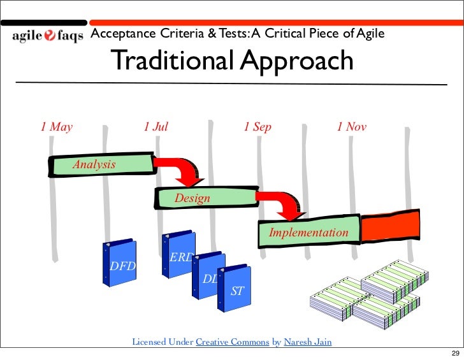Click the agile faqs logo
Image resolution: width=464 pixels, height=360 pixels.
47,36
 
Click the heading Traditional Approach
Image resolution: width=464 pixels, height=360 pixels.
232,61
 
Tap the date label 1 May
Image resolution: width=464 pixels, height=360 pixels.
57,127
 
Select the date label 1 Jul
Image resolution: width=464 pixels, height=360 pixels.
156,127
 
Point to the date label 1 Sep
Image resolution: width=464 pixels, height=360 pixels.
257,127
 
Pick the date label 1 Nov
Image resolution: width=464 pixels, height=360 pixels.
352,127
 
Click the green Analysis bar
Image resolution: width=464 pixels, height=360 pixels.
101,165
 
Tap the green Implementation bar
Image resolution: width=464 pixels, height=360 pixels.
308,232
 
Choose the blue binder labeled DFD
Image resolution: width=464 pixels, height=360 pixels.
121,264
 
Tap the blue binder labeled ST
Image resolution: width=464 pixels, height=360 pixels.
234,289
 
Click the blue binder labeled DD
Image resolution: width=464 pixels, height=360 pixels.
208,277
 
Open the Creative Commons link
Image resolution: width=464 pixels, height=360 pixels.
232,342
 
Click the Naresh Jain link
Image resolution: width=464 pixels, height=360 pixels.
307,342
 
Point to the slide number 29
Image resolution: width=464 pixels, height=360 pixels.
454,354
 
